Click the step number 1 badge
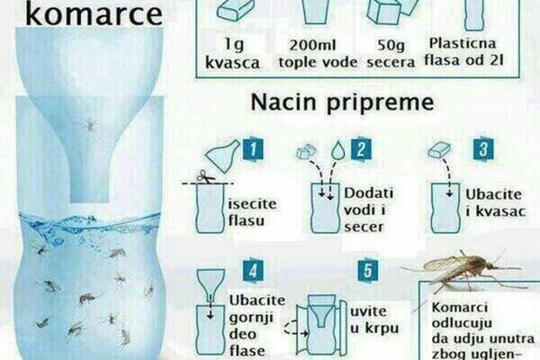253,149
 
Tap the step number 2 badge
361,149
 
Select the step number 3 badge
483,149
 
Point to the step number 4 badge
253,271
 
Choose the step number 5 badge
368,271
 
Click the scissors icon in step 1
205,176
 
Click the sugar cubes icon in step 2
306,151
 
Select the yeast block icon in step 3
439,150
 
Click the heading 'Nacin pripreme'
342,103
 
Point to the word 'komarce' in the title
94,14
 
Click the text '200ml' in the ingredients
312,45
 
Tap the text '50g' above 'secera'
391,45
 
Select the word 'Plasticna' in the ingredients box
463,43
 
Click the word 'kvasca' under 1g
232,63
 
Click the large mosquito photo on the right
463,270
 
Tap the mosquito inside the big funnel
89,124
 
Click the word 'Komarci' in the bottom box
460,307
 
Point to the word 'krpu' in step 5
382,328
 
